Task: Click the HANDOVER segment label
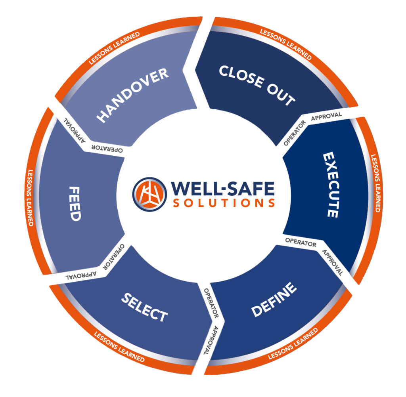pos(133,95)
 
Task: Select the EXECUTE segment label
pos(330,185)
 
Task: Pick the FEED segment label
pos(74,204)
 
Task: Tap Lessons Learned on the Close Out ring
pos(285,44)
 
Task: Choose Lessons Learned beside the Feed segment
pos(30,198)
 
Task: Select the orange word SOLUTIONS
pos(224,203)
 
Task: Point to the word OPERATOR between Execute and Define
pos(301,243)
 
